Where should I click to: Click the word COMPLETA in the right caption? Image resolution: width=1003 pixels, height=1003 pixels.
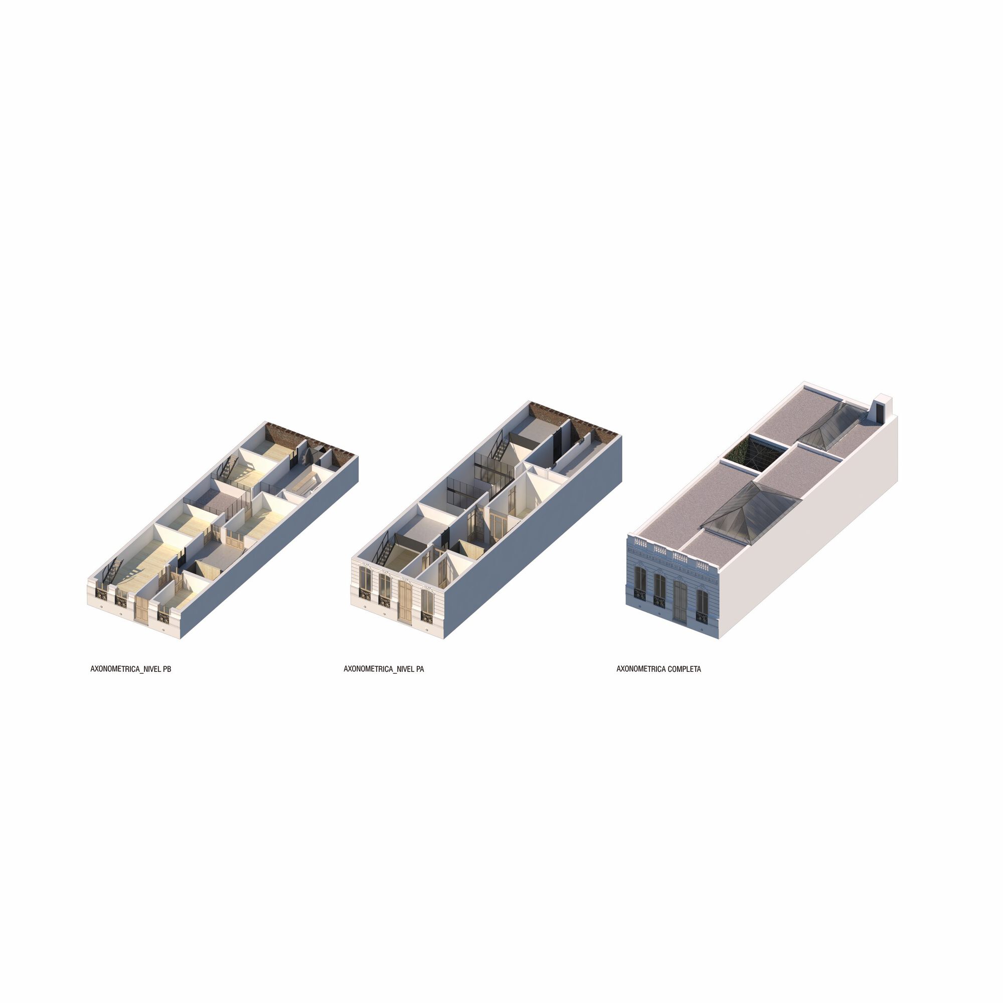pyautogui.click(x=684, y=669)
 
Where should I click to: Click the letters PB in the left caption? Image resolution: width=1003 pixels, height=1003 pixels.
pyautogui.click(x=166, y=669)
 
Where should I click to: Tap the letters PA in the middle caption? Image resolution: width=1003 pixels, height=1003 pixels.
pyautogui.click(x=420, y=669)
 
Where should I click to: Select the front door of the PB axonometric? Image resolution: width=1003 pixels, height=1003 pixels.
pyautogui.click(x=141, y=609)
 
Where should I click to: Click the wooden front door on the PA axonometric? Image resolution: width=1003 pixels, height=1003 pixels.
pyautogui.click(x=404, y=602)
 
